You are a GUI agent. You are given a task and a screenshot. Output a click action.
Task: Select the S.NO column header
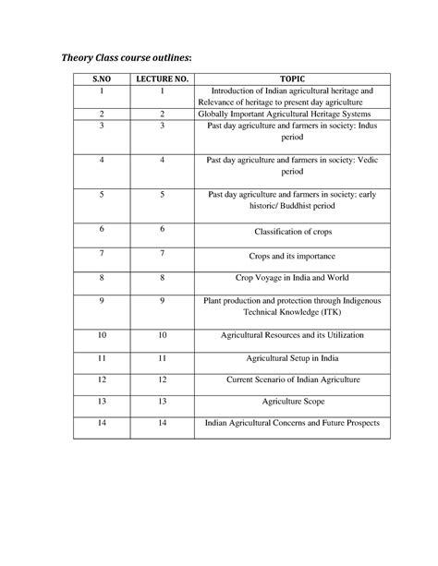point(102,80)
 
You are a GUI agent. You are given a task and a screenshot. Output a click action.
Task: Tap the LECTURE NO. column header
point(161,80)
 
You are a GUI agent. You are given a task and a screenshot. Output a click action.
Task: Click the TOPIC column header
point(292,80)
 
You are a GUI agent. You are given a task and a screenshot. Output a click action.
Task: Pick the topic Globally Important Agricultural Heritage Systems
point(292,114)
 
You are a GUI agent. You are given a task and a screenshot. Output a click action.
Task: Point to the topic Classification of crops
point(292,231)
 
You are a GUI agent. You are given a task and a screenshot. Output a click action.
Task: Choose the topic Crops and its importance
point(292,255)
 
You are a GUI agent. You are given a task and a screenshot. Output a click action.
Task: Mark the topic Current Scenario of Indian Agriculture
point(292,379)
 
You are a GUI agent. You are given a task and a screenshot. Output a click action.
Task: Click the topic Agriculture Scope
point(292,403)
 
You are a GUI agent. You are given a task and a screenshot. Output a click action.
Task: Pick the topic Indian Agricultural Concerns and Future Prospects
point(292,425)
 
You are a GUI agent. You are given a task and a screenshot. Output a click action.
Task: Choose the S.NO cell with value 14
point(102,425)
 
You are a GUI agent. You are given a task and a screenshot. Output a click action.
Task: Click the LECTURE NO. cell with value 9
point(161,301)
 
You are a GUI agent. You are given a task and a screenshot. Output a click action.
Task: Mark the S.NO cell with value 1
point(102,91)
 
